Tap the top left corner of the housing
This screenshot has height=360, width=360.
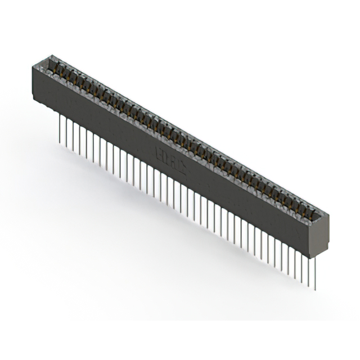click(33, 66)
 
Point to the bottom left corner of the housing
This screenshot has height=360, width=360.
click(34, 100)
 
